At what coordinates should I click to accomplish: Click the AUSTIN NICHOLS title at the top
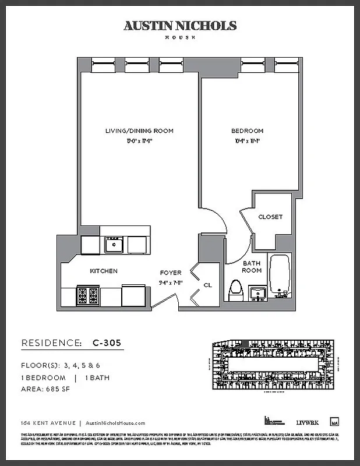point(180,26)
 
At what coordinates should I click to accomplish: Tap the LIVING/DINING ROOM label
point(139,131)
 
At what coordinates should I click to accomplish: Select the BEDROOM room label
point(247,131)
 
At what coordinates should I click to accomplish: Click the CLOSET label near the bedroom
point(270,217)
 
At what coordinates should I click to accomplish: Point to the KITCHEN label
point(104,271)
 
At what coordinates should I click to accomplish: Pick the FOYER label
point(171,273)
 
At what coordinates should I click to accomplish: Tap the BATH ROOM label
point(252,267)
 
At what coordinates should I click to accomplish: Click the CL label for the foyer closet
point(207,285)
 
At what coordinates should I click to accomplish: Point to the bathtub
point(281,276)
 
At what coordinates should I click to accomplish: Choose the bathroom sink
point(256,292)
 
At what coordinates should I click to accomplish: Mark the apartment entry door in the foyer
point(164,301)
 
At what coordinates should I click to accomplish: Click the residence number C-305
point(107,343)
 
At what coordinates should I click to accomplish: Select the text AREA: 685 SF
point(45,389)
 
